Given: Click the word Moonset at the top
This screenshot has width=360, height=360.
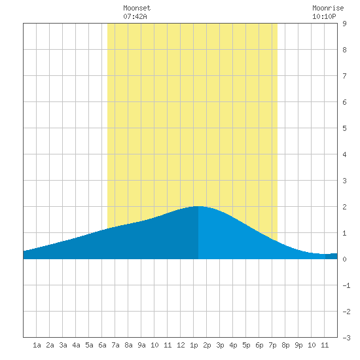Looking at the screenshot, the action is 137,8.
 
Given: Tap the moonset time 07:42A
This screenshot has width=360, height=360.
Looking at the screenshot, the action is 135,16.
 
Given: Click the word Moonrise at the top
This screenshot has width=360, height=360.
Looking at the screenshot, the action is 328,8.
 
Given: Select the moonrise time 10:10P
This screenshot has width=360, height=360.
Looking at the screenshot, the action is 324,16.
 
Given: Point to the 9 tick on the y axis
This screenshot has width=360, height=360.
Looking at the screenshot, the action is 344,24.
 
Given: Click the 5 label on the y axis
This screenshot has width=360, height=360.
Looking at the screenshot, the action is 344,128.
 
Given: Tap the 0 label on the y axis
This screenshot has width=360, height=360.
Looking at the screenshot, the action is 344,259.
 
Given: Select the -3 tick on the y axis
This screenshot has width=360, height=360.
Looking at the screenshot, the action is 347,338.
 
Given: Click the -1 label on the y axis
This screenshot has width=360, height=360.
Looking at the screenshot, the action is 347,285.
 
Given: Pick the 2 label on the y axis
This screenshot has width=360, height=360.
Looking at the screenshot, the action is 344,207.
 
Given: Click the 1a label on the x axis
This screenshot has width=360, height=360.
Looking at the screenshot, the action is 37,345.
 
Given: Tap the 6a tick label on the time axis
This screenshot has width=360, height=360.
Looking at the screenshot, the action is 102,345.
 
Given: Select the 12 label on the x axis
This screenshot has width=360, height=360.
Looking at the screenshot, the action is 181,345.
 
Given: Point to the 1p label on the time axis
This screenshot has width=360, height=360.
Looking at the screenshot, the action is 194,345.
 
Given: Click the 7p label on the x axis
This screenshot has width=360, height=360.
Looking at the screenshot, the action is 272,345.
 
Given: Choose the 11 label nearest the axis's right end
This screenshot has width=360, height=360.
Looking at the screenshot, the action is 325,345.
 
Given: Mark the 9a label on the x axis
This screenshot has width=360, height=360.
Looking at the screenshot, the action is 141,345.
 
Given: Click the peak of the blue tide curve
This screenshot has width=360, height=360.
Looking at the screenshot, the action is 198,206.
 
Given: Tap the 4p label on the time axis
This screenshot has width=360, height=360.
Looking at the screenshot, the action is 233,345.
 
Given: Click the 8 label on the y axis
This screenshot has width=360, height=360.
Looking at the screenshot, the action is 344,50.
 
